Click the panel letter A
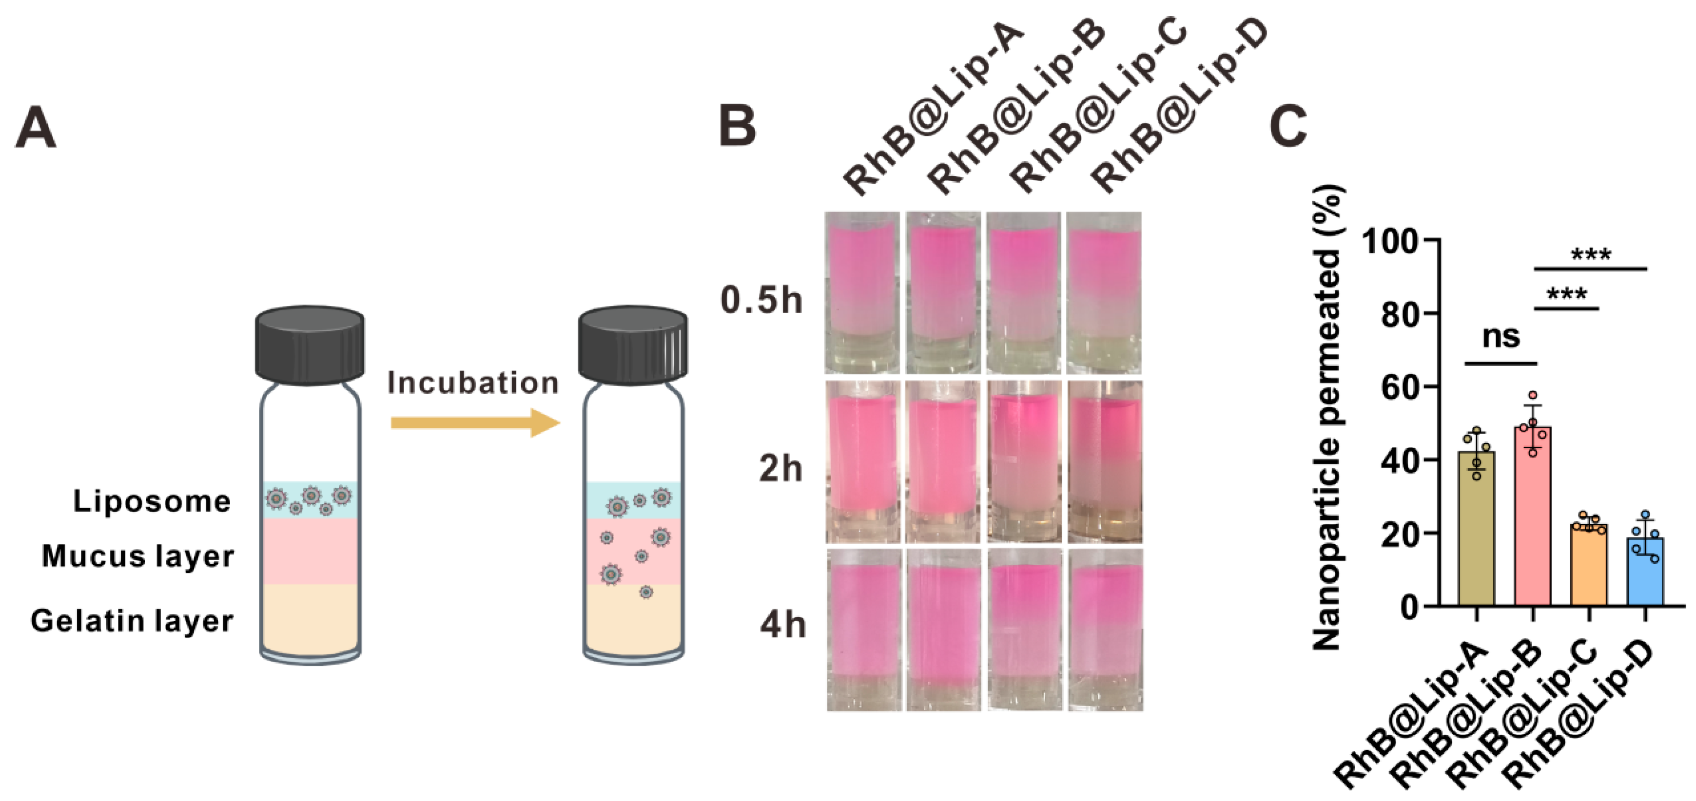click(x=36, y=128)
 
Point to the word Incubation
click(x=473, y=382)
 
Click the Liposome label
click(x=152, y=501)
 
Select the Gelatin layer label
click(x=132, y=621)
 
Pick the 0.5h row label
click(x=762, y=300)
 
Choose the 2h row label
click(x=781, y=469)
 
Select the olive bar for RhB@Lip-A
click(x=1476, y=530)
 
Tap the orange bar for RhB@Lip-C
click(x=1589, y=566)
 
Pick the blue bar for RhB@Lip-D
click(x=1645, y=572)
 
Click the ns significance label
click(x=1501, y=337)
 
